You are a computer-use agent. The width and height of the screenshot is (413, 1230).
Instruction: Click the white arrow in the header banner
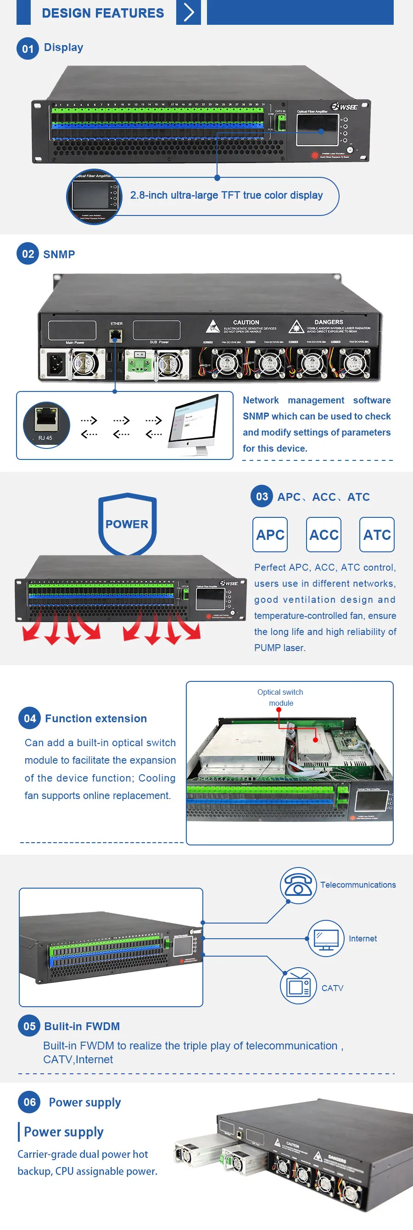pos(189,12)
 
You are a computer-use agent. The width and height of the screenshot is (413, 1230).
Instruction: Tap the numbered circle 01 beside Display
pos(28,48)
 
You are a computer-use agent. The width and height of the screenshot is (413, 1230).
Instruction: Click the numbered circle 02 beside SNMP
pos(28,254)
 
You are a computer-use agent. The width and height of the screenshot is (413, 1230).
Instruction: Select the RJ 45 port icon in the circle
pos(46,424)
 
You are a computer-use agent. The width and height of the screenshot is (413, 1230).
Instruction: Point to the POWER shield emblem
pos(127,523)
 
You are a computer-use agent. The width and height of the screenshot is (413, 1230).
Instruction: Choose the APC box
pos(270,534)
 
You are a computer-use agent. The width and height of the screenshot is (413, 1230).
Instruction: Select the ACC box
pos(324,534)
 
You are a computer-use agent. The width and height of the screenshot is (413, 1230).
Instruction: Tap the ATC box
pos(377,534)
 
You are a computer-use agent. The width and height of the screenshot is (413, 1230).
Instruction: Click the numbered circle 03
pos(262,496)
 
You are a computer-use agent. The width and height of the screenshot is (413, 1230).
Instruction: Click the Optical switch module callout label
pos(280,697)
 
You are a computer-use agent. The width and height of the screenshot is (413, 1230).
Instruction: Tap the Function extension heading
pos(96,718)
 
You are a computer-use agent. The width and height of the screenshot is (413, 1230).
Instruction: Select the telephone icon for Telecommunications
pos(298,885)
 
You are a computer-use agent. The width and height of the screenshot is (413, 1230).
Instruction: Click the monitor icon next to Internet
pos(326,938)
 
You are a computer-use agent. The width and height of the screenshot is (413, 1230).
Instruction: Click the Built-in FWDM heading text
pos(82,1026)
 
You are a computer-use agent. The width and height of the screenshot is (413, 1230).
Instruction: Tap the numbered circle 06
pos(29,1101)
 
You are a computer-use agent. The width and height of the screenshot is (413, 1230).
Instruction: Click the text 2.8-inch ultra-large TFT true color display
pos(227,195)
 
